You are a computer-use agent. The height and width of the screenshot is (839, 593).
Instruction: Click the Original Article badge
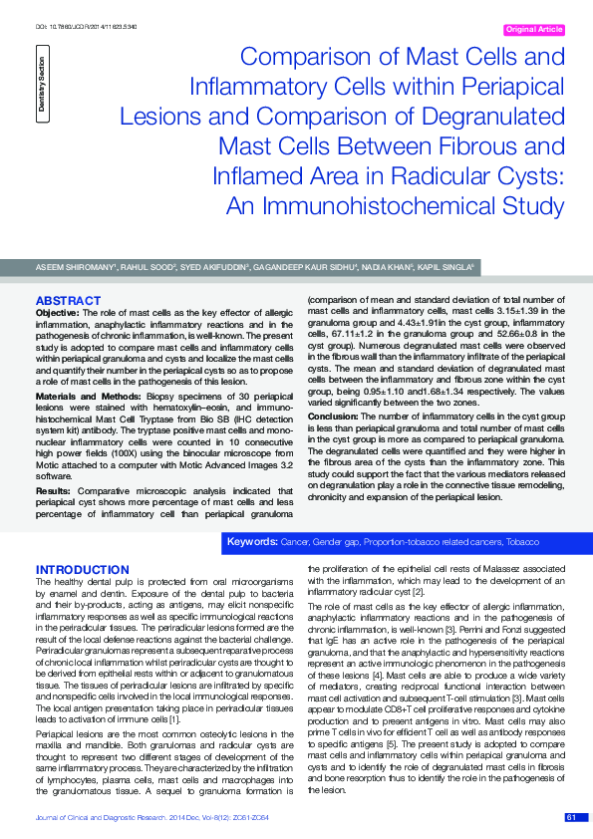[536, 30]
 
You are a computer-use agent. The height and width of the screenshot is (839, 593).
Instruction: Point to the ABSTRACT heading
[68, 300]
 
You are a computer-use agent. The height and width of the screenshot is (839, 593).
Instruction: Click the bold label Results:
[53, 491]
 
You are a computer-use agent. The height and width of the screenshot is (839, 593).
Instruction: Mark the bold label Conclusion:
[333, 416]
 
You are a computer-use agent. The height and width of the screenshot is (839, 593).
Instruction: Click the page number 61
[571, 816]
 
